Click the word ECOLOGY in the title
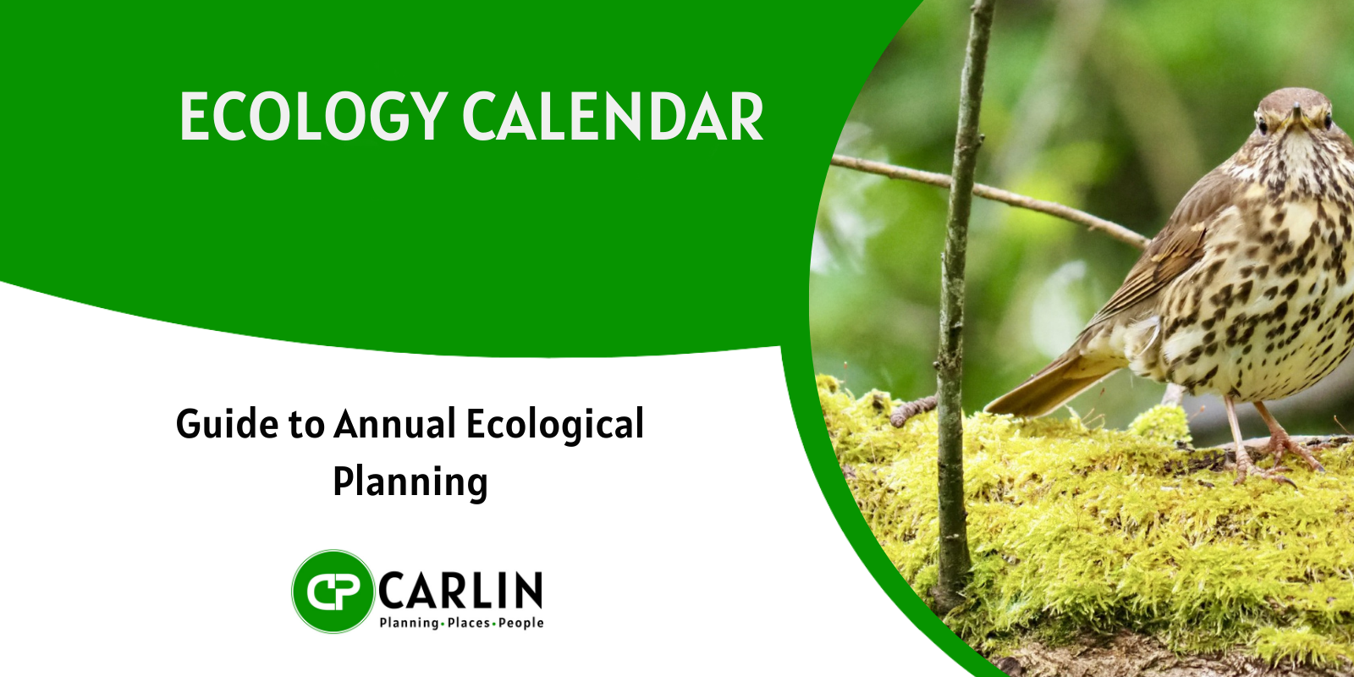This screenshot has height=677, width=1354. pos(314,117)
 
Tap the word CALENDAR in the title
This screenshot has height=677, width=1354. pos(613,117)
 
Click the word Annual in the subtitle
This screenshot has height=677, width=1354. pos(394,424)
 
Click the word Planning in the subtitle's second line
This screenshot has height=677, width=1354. pos(410,483)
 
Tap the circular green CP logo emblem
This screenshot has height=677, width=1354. pos(333,592)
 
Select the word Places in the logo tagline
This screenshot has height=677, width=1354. pos(469,623)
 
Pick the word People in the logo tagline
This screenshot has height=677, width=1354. pos(521,623)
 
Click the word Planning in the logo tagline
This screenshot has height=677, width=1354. pos(408,623)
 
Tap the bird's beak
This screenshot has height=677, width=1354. pos(1296,116)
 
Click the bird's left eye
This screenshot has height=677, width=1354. pos(1263,126)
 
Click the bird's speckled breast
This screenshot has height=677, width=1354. pos(1281,290)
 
